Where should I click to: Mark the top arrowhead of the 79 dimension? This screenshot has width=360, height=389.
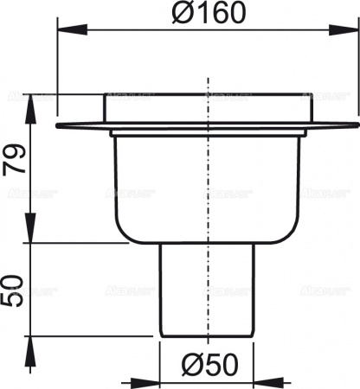(31, 99)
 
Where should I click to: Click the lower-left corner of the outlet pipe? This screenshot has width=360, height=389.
(162, 335)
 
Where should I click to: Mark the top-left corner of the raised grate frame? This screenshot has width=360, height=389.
(105, 93)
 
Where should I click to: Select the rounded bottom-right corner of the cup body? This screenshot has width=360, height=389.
(297, 238)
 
